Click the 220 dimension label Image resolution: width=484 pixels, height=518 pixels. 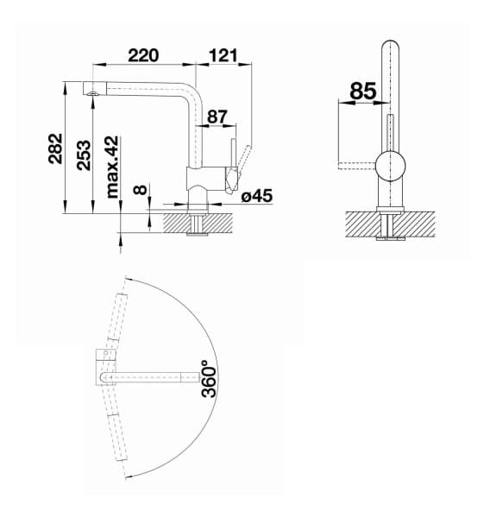pyautogui.click(x=143, y=55)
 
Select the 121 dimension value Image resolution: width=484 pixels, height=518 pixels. pyautogui.click(x=223, y=55)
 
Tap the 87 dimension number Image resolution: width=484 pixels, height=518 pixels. pyautogui.click(x=217, y=115)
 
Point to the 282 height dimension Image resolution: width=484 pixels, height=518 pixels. pyautogui.click(x=54, y=152)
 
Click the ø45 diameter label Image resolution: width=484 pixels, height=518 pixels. pyautogui.click(x=257, y=196)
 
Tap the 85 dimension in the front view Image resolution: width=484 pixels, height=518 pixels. pyautogui.click(x=363, y=89)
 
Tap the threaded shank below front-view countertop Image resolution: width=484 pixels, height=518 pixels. pyautogui.click(x=390, y=227)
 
